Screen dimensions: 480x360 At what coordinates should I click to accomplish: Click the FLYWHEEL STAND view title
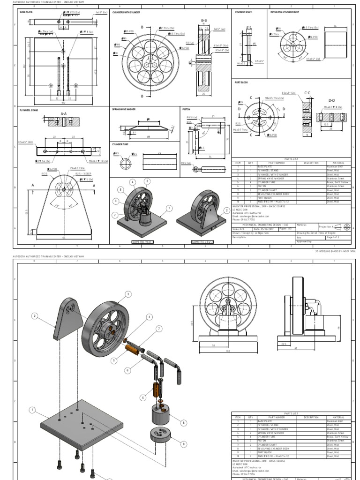pos(28,110)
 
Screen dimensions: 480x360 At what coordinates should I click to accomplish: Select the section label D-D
pos(331,100)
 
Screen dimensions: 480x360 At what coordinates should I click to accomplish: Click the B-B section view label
pos(204,21)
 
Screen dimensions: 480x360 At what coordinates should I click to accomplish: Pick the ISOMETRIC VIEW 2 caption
pos(202,242)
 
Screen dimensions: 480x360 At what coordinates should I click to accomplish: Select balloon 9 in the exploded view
pos(183,444)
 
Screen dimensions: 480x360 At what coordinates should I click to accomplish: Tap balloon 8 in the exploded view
pos(184,423)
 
